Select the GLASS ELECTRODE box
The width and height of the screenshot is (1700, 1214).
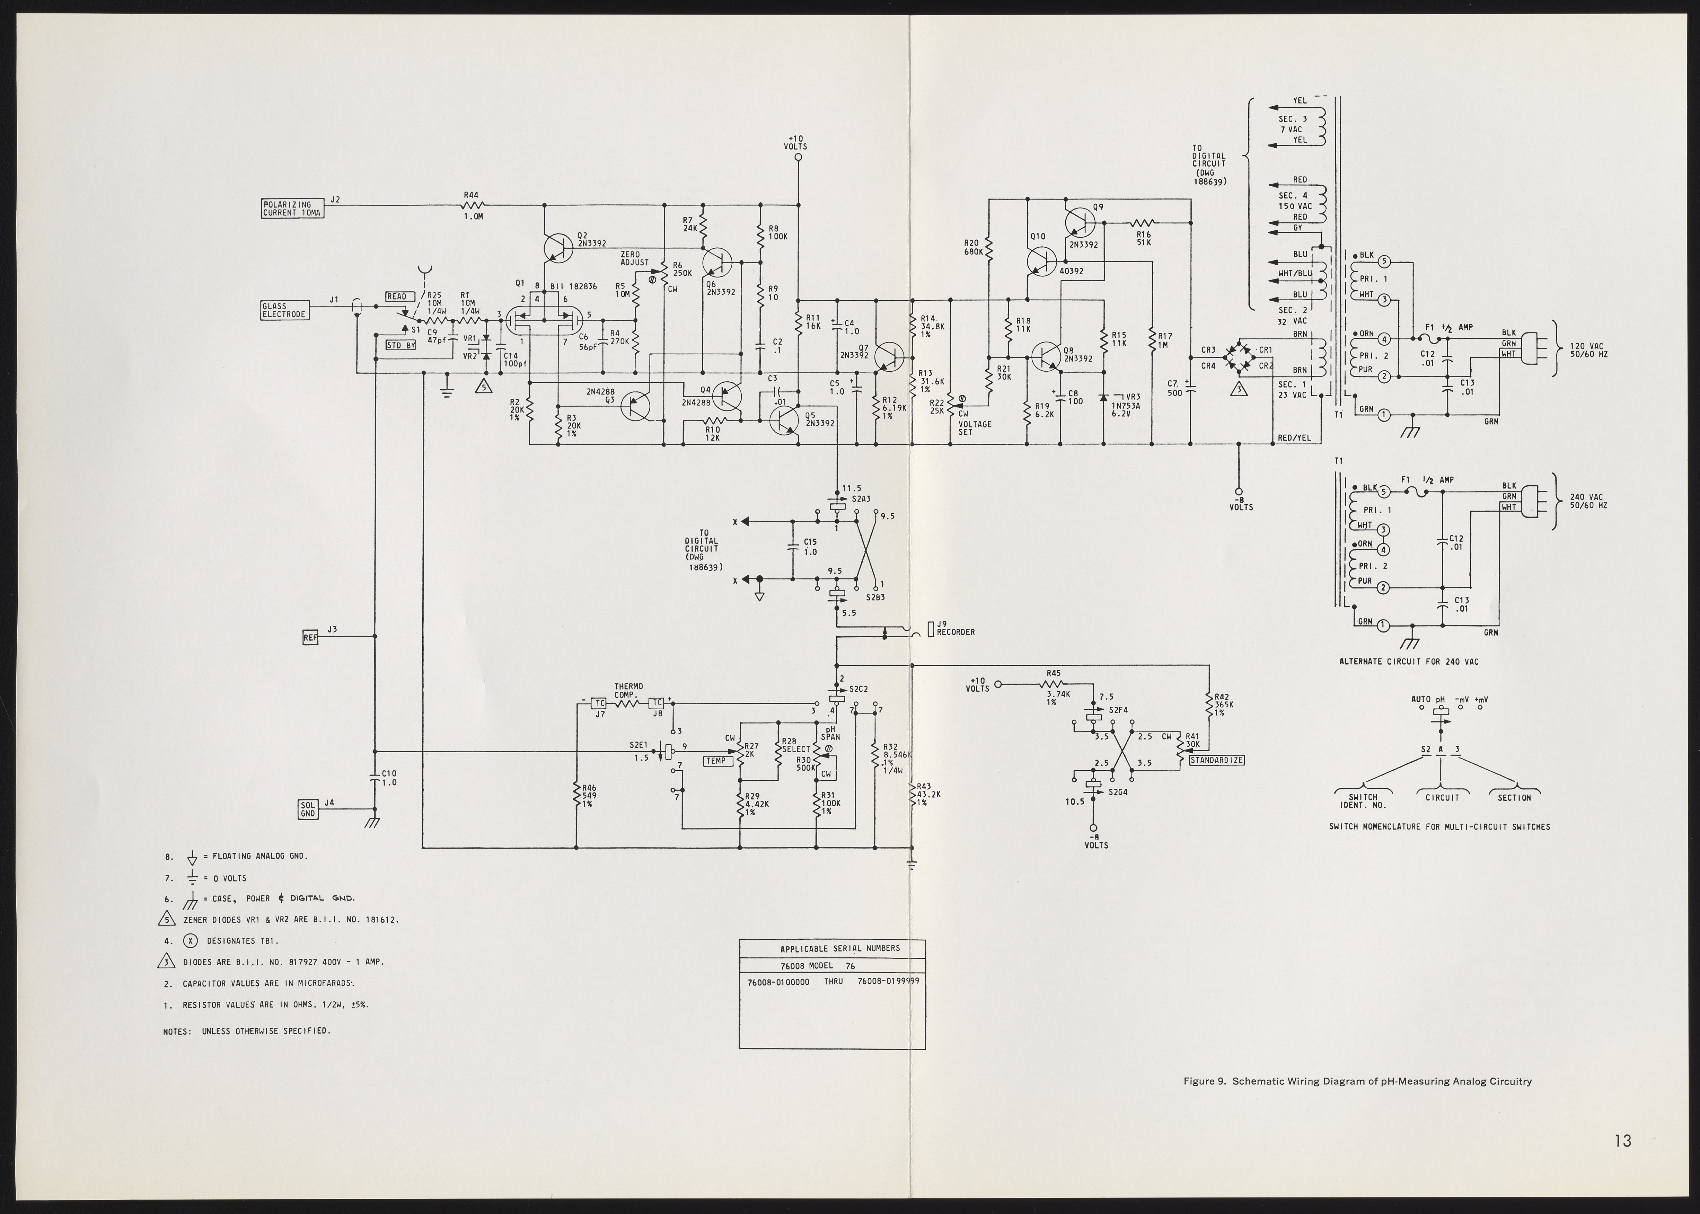(284, 310)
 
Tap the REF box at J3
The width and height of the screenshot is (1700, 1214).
(310, 637)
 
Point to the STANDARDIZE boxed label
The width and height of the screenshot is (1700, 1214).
(1216, 760)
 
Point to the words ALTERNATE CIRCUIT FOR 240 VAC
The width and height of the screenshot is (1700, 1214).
(1408, 662)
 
